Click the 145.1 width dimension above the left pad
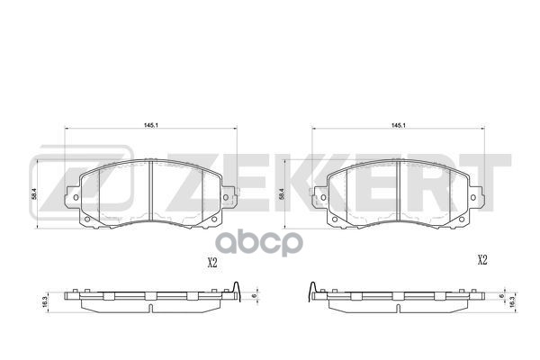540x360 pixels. coord(149,125)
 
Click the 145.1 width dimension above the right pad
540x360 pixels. coord(397,125)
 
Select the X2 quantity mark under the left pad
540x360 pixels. coord(212,264)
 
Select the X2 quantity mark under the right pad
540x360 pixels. coord(481,260)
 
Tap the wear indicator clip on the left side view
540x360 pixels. coord(235,291)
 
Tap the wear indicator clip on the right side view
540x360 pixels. coord(312,291)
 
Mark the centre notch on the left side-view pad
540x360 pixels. coord(149,296)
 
